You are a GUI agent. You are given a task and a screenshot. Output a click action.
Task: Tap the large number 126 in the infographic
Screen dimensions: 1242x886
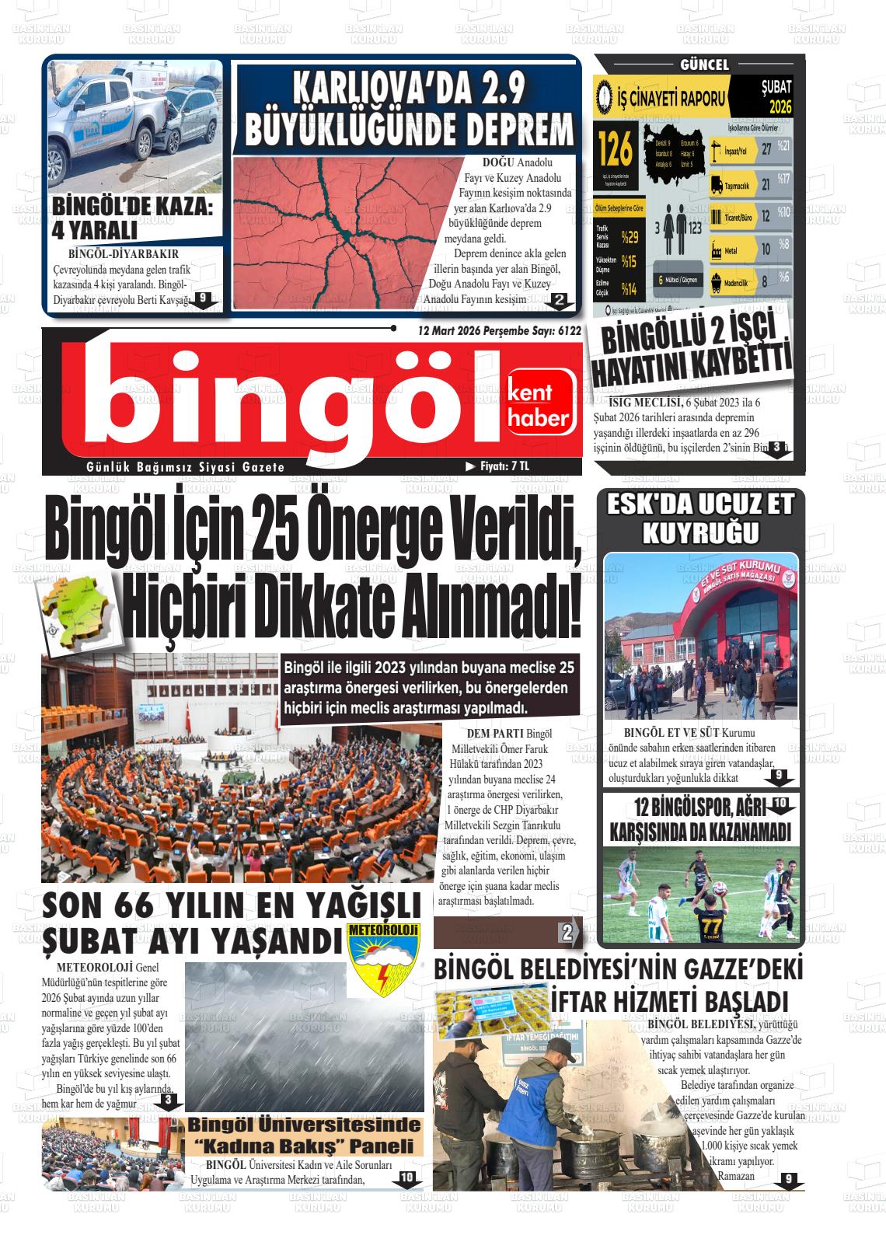(x=615, y=152)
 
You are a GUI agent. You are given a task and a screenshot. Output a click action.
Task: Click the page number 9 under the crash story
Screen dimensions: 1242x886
(x=202, y=298)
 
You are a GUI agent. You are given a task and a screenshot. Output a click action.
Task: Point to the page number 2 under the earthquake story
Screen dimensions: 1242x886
(x=558, y=299)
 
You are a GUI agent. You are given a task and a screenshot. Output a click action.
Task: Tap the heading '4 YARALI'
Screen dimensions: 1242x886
(x=94, y=231)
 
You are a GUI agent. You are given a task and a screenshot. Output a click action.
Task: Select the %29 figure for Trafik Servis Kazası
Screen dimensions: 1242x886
(x=628, y=236)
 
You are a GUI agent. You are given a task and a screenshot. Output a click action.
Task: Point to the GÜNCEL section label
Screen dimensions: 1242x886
(x=704, y=65)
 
